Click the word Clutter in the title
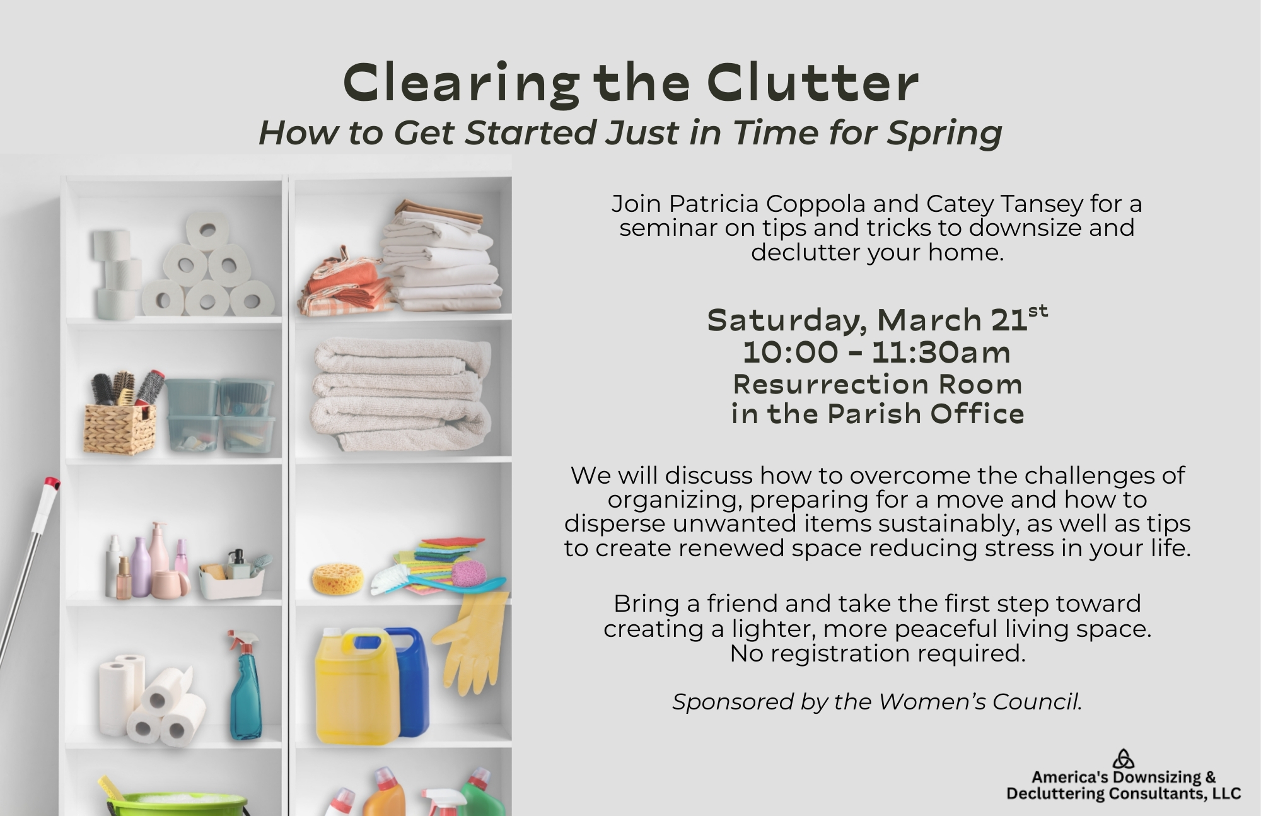[x=812, y=83]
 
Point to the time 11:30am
[x=941, y=352]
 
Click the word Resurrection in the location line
[x=831, y=383]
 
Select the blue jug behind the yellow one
[x=408, y=681]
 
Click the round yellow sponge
[x=338, y=578]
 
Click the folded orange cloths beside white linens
[x=344, y=284]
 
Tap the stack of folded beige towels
[x=402, y=394]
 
